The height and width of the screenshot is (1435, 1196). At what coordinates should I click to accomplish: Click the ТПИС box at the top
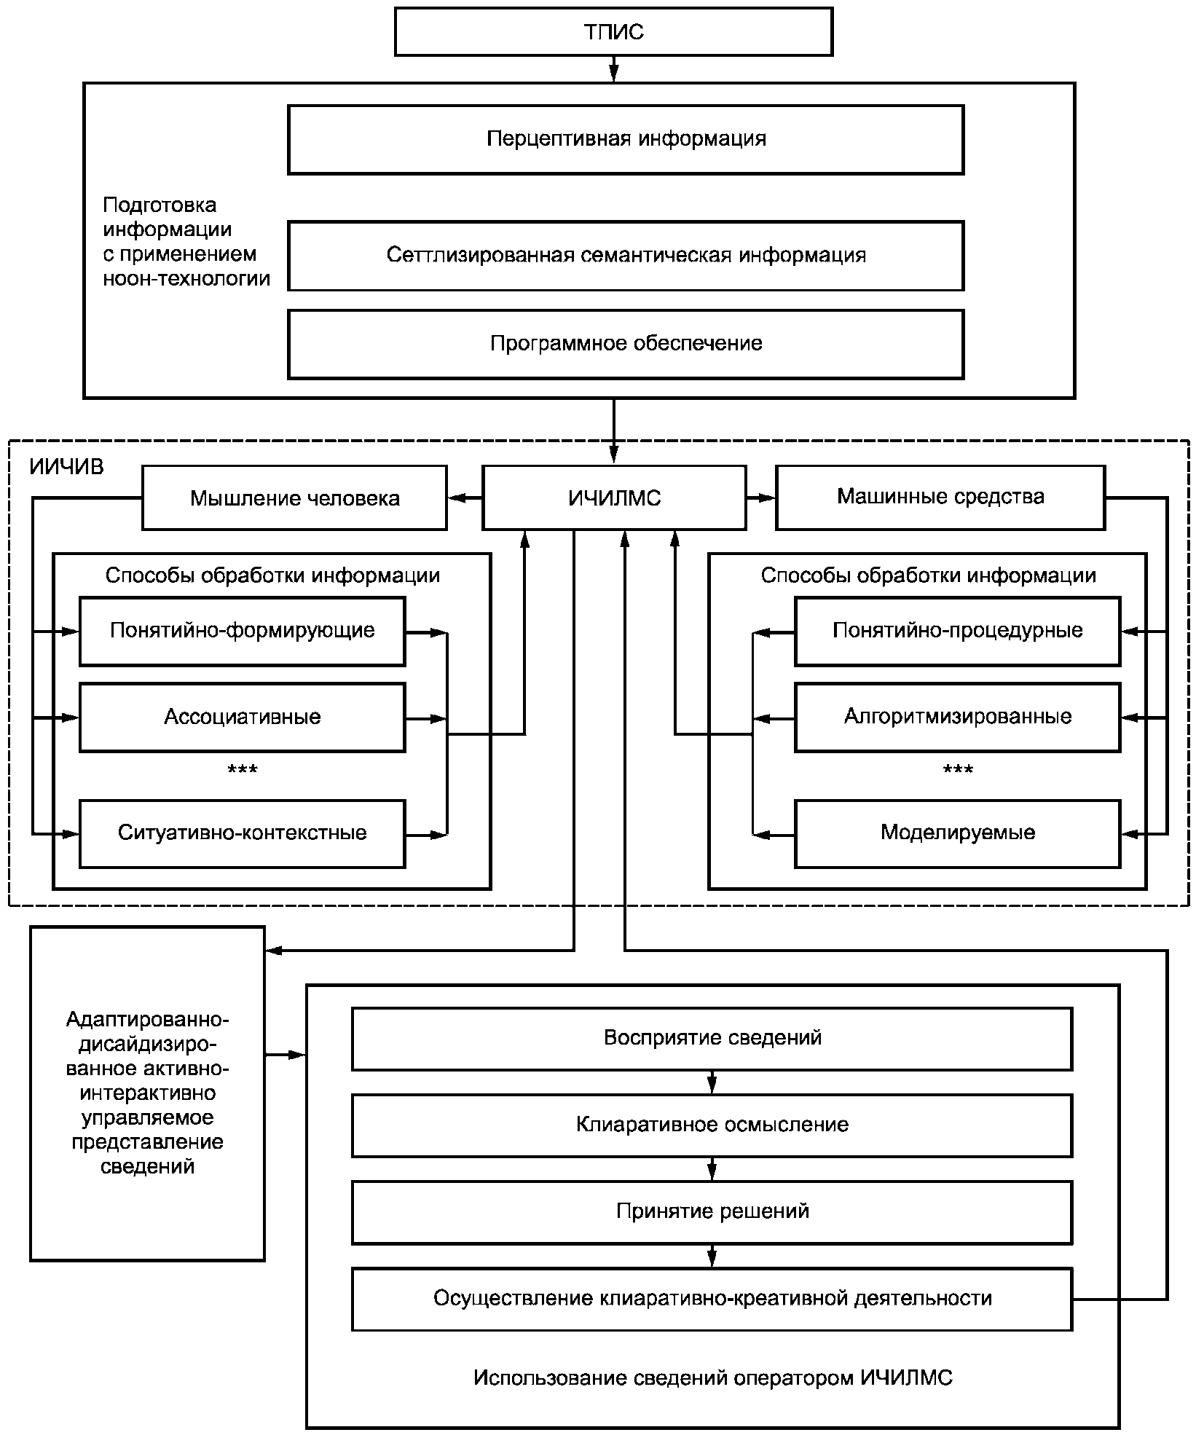click(613, 32)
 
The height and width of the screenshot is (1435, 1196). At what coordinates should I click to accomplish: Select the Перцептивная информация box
click(626, 139)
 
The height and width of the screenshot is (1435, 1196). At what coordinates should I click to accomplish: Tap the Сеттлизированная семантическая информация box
click(626, 256)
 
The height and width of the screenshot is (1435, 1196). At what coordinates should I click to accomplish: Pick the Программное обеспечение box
click(626, 344)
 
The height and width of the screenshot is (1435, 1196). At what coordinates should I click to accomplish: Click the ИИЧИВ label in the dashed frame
click(66, 467)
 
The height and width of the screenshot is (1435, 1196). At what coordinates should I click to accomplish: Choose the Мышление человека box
click(294, 498)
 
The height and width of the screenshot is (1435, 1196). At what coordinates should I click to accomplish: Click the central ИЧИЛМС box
click(614, 498)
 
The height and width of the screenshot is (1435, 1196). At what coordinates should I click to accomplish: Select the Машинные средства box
click(940, 498)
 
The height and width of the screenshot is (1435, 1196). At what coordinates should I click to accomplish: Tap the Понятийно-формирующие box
click(242, 631)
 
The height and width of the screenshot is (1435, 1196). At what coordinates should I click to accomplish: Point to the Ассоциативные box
click(242, 717)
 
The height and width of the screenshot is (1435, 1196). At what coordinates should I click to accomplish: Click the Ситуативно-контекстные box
click(242, 833)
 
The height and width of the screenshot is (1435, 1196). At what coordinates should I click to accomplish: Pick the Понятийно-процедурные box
click(957, 631)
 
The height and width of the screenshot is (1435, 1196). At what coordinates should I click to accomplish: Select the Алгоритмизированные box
click(957, 717)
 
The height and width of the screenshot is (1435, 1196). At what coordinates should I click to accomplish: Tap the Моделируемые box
click(957, 833)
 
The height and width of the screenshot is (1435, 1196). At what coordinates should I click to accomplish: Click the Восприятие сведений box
click(712, 1039)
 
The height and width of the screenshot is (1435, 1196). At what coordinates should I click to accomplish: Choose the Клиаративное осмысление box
click(712, 1125)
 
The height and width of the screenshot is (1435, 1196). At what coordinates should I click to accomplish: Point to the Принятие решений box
click(712, 1212)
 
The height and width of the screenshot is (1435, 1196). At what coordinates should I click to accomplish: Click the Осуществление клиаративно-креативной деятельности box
click(712, 1300)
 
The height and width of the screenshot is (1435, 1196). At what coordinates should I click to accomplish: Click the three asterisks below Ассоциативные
click(243, 771)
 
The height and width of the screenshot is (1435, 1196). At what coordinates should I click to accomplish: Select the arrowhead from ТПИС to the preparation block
click(613, 73)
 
